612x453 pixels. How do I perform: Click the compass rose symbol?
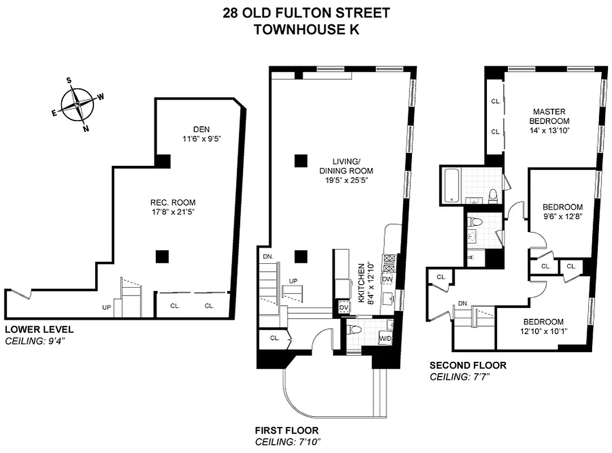[77, 105]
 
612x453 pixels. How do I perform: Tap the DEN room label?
[200, 129]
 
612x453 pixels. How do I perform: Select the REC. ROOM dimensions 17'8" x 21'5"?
[173, 212]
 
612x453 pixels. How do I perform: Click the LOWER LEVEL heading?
[39, 330]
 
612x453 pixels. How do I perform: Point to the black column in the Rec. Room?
[162, 256]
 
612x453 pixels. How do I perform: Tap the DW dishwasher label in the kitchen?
[387, 279]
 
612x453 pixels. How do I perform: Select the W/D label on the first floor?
[386, 339]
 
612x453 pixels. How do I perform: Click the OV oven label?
[344, 307]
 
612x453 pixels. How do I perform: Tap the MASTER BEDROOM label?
[549, 116]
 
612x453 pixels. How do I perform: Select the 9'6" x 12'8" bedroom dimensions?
[562, 216]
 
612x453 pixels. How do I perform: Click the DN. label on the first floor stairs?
[268, 257]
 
